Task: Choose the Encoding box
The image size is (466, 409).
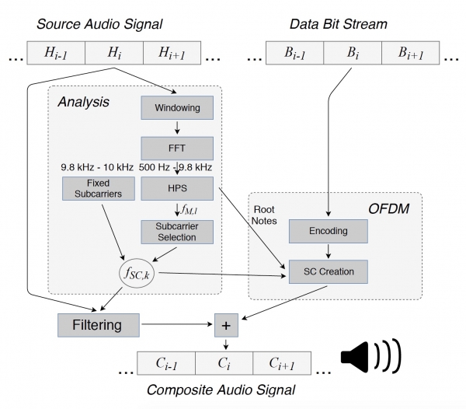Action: tap(327, 231)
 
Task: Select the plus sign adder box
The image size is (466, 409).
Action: tap(226, 324)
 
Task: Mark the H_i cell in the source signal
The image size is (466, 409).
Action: tap(114, 53)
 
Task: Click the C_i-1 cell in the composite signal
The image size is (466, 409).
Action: tap(166, 364)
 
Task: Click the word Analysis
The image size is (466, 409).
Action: tap(82, 101)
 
